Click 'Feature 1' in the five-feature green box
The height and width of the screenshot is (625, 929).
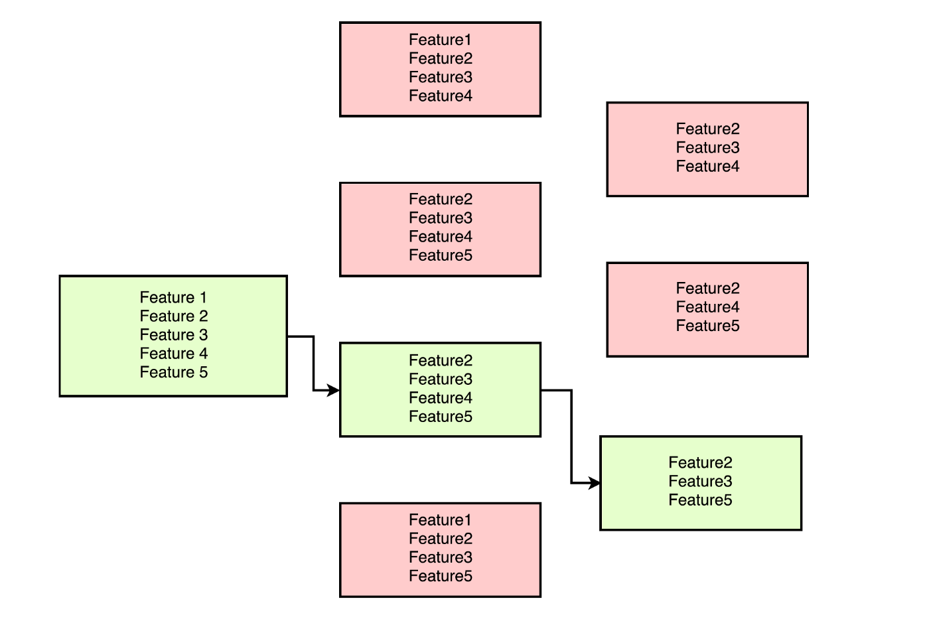pyautogui.click(x=173, y=298)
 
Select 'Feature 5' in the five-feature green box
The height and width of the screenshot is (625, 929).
pyautogui.click(x=173, y=372)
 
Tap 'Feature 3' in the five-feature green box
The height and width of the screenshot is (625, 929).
pyautogui.click(x=173, y=335)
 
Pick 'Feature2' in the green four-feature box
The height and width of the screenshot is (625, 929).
pyautogui.click(x=441, y=361)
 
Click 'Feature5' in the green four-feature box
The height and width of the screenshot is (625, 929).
pyautogui.click(x=441, y=417)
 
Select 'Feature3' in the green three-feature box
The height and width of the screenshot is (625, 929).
pyautogui.click(x=700, y=482)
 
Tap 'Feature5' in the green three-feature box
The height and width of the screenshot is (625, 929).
pyautogui.click(x=700, y=500)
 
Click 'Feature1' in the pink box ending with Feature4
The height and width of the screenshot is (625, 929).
pyautogui.click(x=441, y=40)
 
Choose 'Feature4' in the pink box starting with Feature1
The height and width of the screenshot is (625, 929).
pyautogui.click(x=441, y=96)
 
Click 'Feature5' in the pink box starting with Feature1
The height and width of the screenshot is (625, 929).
pyautogui.click(x=441, y=577)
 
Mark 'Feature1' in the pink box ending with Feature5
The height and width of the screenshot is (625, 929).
pyautogui.click(x=441, y=520)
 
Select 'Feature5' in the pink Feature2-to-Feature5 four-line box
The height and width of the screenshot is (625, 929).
pyautogui.click(x=441, y=255)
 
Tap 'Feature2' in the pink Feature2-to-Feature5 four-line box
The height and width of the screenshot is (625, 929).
pyautogui.click(x=441, y=200)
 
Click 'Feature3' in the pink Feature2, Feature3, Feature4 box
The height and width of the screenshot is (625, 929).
pyautogui.click(x=707, y=148)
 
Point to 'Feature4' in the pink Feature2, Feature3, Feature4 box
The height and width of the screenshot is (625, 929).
pyautogui.click(x=707, y=167)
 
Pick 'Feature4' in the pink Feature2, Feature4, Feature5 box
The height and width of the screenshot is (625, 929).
pyautogui.click(x=707, y=307)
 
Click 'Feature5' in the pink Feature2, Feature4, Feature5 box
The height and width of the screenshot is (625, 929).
pyautogui.click(x=707, y=326)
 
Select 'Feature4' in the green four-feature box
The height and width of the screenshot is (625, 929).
pyautogui.click(x=441, y=398)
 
